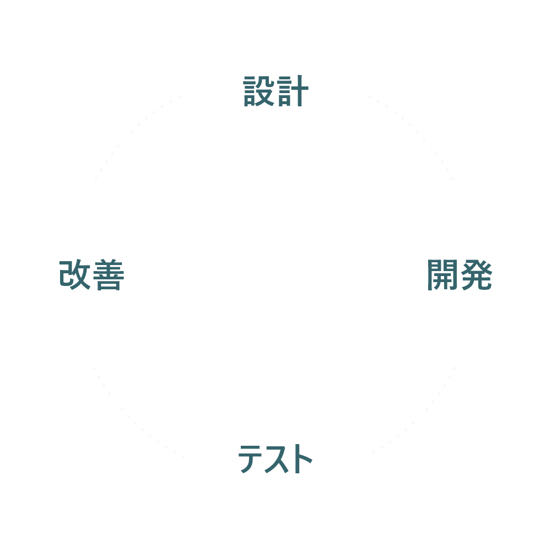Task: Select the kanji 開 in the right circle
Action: click(442, 275)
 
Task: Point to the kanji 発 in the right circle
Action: click(476, 275)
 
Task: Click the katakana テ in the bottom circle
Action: click(250, 459)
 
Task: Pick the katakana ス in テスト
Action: click(275, 459)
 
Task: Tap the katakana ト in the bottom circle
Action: click(301, 459)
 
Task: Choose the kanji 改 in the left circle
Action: click(75, 275)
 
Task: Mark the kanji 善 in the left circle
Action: click(108, 275)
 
